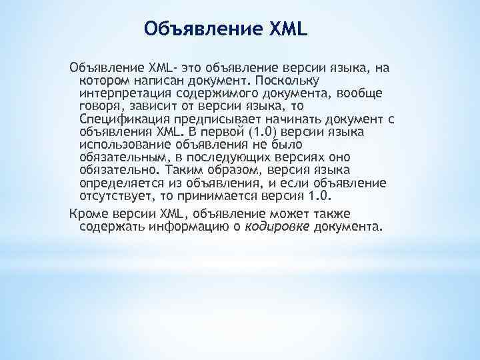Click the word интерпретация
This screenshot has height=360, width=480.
point(120,93)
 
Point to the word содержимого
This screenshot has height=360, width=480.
point(208,93)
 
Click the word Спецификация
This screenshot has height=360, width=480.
point(121,119)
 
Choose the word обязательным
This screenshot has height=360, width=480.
point(121,157)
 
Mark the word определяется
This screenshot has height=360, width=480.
point(119,183)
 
